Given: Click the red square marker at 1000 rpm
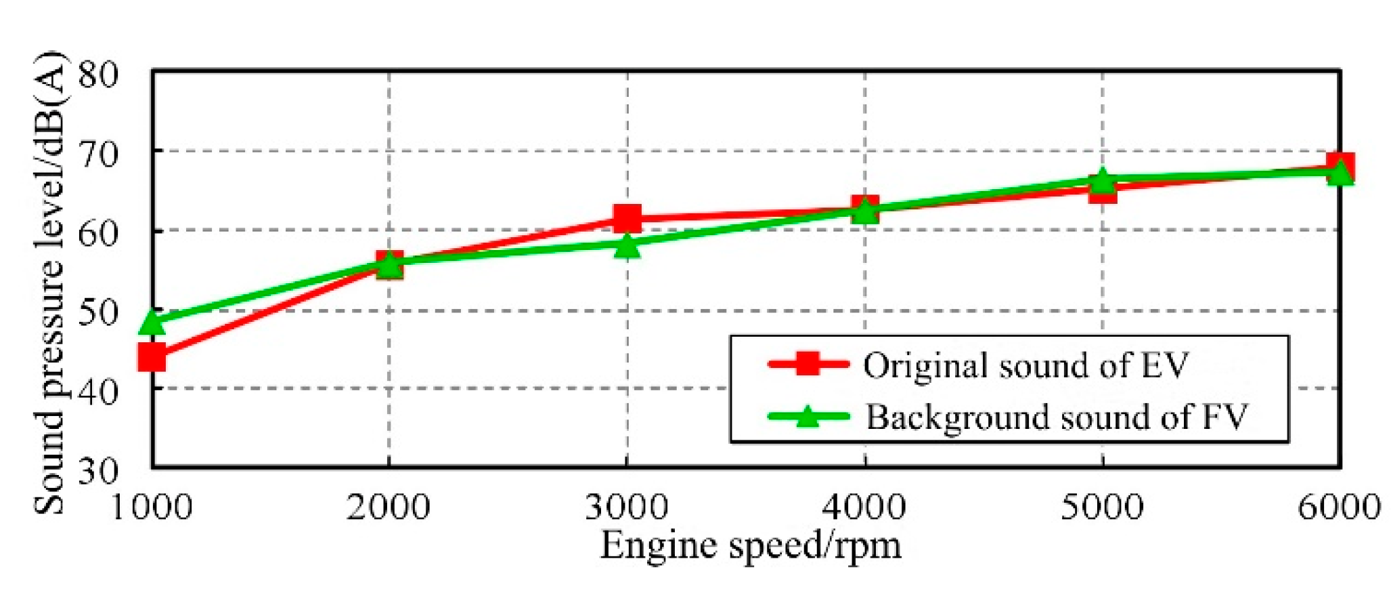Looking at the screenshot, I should point(152,356).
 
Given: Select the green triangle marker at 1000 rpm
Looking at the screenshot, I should point(152,323).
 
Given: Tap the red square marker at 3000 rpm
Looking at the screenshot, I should point(627,218).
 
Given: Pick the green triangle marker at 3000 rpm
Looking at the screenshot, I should point(627,245).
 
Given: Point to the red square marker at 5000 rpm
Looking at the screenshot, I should point(1103,190).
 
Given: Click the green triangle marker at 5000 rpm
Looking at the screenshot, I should point(1103,180).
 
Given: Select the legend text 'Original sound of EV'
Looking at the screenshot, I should point(1025,366).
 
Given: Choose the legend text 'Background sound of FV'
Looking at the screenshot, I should point(1056,417).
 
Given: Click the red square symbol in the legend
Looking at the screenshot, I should point(808,364).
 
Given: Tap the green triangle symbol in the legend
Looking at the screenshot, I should point(808,416).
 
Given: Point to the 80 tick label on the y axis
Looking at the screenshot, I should point(99,74).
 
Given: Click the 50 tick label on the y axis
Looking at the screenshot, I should point(99,312).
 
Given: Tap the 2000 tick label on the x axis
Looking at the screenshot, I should point(389,507).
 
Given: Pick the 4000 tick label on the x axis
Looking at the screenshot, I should point(864,507).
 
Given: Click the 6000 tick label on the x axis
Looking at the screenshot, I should point(1339,507).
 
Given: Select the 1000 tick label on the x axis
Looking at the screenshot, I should point(152,507).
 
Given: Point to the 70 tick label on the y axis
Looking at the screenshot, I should point(99,154).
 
